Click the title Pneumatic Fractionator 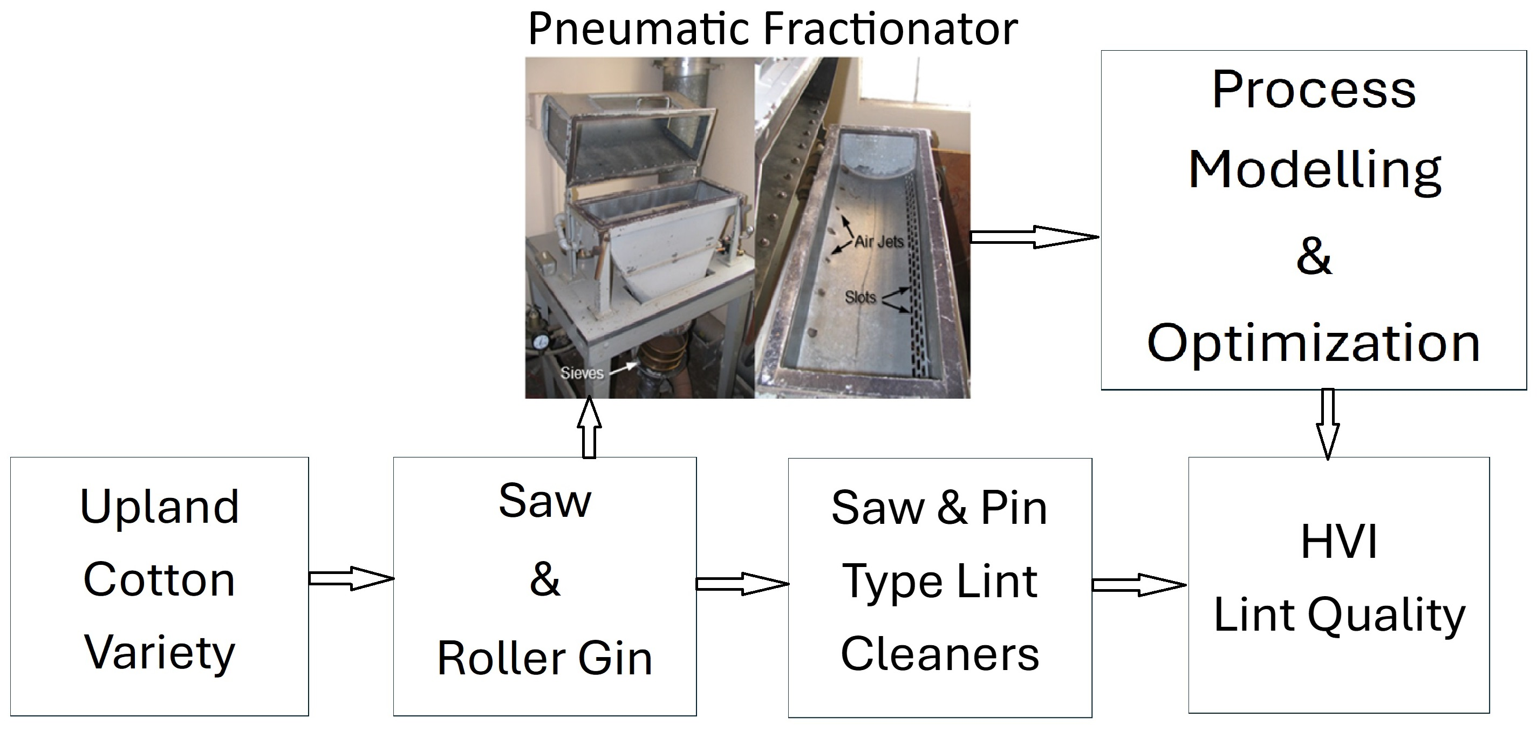tap(773, 29)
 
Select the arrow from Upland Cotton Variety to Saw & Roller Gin tap(351, 578)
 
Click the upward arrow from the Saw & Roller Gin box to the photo tap(589, 428)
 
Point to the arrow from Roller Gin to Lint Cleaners tap(742, 584)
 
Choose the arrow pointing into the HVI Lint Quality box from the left tap(1138, 585)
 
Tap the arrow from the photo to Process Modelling tap(1034, 237)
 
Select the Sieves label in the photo tap(582, 373)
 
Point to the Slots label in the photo tap(860, 297)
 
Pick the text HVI tap(1339, 542)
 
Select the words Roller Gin tap(545, 658)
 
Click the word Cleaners tap(940, 654)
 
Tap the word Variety tap(159, 653)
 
